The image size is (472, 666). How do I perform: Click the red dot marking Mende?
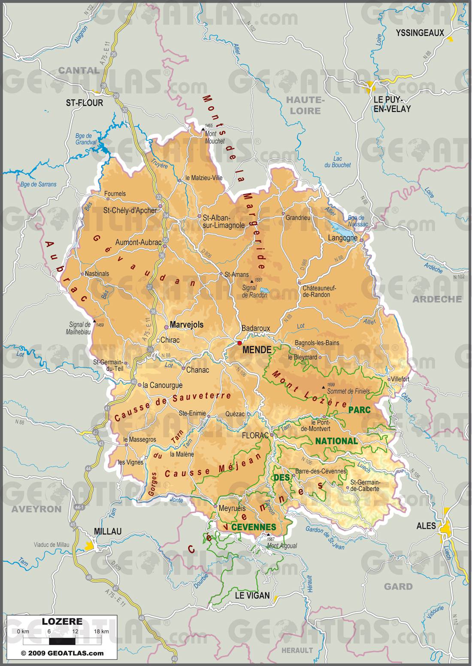[239, 343]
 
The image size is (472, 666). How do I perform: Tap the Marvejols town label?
[186, 325]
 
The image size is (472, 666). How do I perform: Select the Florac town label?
[255, 435]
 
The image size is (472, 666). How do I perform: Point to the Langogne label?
[342, 238]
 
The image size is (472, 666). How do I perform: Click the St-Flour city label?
[85, 103]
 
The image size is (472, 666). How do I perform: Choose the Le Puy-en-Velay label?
[392, 104]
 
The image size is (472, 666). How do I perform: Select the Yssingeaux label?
[420, 33]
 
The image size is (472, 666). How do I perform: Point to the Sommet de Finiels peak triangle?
[324, 387]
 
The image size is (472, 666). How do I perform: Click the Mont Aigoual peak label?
[282, 546]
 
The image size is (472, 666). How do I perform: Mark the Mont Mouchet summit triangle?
[203, 129]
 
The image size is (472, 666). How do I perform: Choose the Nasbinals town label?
[97, 274]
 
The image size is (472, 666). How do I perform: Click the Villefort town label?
[400, 379]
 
